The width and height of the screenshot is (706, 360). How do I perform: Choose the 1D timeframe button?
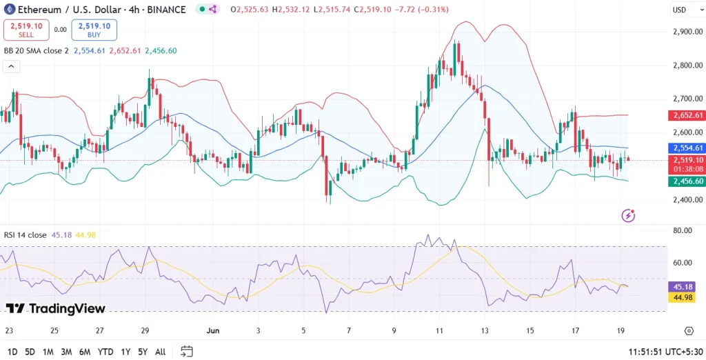(12, 352)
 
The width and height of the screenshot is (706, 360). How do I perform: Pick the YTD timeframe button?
(105, 352)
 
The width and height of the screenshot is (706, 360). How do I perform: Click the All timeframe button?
(160, 352)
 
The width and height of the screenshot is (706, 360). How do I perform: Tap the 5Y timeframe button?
(143, 352)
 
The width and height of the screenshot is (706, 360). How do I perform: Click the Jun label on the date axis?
(212, 330)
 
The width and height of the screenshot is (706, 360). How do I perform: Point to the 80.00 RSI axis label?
(684, 230)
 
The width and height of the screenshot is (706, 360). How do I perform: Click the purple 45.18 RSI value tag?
(686, 286)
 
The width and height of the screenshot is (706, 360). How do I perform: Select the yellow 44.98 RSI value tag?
(686, 297)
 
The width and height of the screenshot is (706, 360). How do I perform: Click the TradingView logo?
(55, 308)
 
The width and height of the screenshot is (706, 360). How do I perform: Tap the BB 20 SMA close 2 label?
(37, 50)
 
